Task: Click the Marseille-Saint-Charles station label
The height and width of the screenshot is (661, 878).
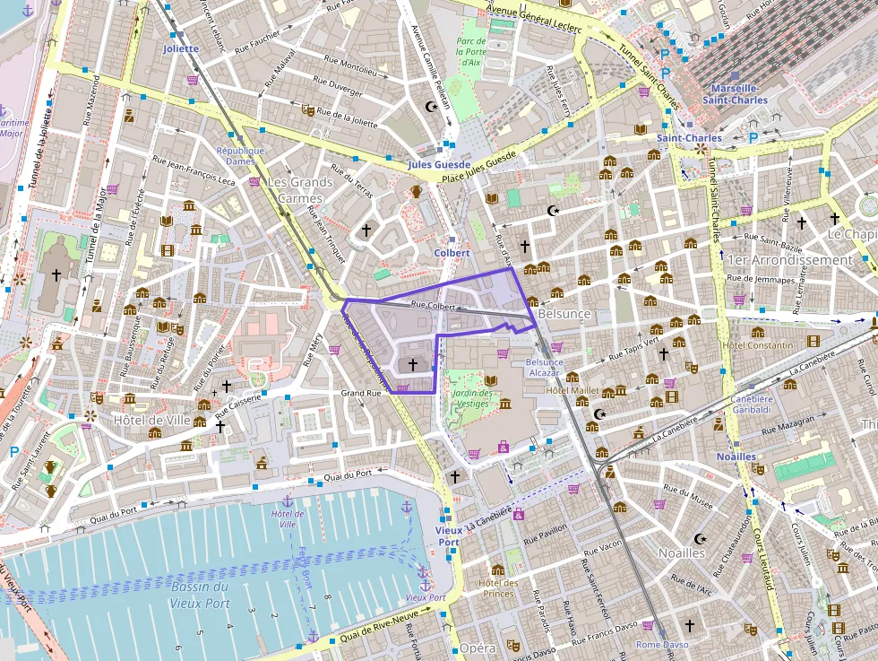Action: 734,94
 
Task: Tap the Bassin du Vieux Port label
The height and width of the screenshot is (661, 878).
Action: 199,594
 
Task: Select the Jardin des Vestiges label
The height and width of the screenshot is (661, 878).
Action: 472,398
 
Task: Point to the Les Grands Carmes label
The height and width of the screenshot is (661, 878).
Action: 299,189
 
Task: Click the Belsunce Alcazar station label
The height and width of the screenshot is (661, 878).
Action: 546,367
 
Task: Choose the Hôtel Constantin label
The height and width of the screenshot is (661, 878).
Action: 757,345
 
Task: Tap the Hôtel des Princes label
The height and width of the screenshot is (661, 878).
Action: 498,587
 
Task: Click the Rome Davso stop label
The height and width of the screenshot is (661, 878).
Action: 662,645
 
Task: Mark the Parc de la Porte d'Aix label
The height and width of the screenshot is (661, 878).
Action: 471,51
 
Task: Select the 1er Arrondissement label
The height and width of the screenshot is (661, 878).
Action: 790,260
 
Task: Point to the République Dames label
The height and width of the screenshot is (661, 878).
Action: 241,156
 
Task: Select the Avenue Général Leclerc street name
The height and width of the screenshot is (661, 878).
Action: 535,19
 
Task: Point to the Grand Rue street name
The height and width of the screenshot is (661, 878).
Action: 361,393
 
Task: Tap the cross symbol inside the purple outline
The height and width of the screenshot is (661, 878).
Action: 412,364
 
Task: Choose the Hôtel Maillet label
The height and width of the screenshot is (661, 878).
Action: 572,391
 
